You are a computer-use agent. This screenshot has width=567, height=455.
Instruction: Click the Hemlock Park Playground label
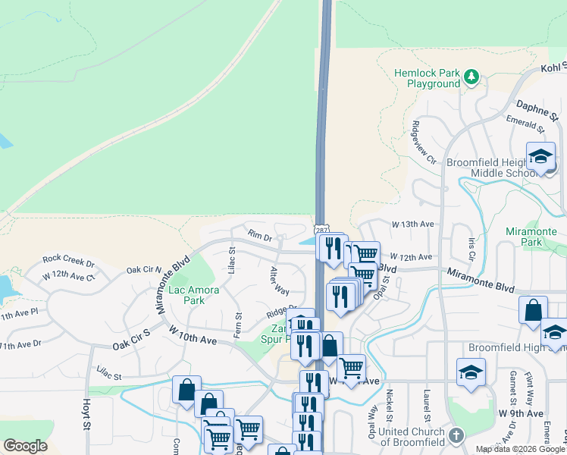pyautogui.click(x=427, y=78)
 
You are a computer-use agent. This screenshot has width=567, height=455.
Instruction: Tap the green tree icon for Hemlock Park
pyautogui.click(x=471, y=76)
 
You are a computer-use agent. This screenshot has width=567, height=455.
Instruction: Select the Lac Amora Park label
pyautogui.click(x=194, y=295)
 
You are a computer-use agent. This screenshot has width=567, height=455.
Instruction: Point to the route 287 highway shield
pyautogui.click(x=320, y=229)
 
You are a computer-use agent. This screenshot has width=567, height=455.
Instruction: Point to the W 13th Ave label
pyautogui.click(x=412, y=224)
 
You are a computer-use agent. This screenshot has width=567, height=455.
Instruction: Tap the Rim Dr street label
pyautogui.click(x=257, y=237)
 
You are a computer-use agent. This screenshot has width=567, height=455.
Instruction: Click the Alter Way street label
pyautogui.click(x=280, y=281)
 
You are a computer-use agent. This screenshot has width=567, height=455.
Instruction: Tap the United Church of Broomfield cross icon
pyautogui.click(x=456, y=435)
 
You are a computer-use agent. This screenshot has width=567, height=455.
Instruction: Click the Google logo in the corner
pyautogui.click(x=25, y=445)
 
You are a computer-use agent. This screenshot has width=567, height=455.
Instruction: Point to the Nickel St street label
pyautogui.click(x=389, y=408)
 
